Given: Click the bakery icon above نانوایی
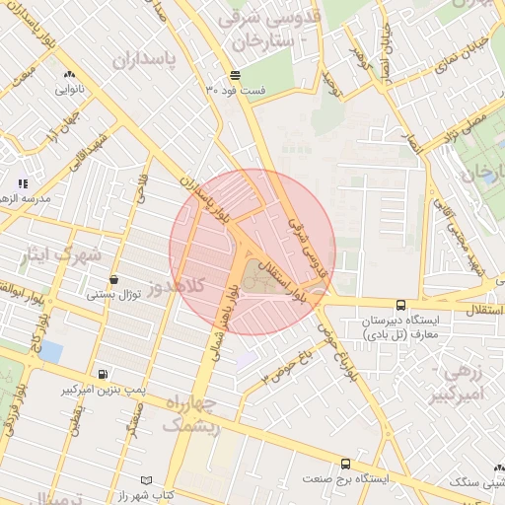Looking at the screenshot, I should click(x=68, y=74).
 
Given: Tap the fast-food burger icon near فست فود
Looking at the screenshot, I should click(x=235, y=75).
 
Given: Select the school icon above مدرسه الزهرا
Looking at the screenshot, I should click(x=23, y=183).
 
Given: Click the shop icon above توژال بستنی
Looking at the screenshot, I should click(x=115, y=279).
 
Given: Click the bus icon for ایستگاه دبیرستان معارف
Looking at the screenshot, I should click(x=399, y=306).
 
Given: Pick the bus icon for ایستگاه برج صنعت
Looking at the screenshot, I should click(x=344, y=464).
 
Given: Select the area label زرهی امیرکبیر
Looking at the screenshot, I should click(x=459, y=385).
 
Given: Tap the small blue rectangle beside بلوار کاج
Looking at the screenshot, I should click(x=50, y=352).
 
